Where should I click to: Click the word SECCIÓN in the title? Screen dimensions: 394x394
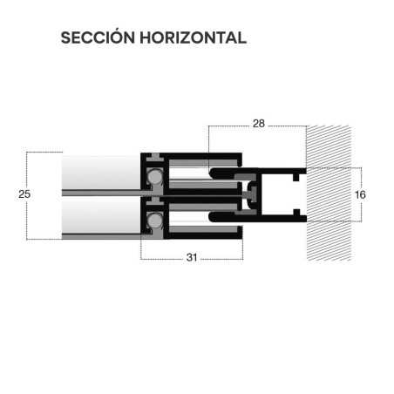[98, 37]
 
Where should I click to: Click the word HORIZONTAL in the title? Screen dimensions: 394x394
[194, 37]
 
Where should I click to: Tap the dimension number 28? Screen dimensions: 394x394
[259, 124]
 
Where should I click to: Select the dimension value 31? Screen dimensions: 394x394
[192, 257]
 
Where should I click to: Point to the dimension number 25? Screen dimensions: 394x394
[24, 194]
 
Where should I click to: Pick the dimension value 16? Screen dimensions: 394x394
[360, 194]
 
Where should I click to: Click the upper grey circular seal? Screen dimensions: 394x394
[155, 176]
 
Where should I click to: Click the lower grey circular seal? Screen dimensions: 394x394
[155, 220]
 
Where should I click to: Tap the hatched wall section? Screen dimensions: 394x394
[329, 194]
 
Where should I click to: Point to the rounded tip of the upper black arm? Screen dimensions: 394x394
[213, 173]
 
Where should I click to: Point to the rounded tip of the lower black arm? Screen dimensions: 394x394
[213, 216]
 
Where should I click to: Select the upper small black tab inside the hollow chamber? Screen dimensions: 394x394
[296, 177]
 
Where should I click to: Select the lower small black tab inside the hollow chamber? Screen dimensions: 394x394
[296, 213]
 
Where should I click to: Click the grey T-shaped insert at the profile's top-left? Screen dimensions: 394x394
[156, 158]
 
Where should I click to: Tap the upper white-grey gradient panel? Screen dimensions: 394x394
[101, 173]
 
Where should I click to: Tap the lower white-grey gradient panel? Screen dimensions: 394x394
[101, 215]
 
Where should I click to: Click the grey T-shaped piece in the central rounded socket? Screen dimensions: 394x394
[250, 194]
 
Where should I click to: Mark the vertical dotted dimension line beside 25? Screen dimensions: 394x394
[27, 195]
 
